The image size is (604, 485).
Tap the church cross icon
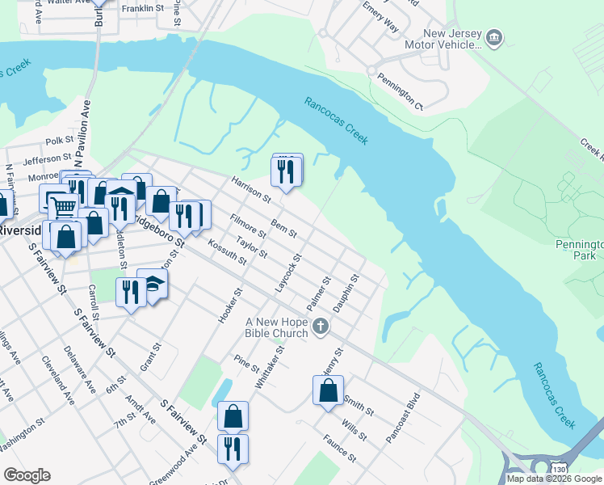point(321,327)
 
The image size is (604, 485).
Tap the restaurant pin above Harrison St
point(286,171)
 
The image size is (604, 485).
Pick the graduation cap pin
point(154,284)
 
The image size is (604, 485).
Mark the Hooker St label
point(229,306)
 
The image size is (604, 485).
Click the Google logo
point(27,475)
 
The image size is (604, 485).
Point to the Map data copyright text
point(555,479)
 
